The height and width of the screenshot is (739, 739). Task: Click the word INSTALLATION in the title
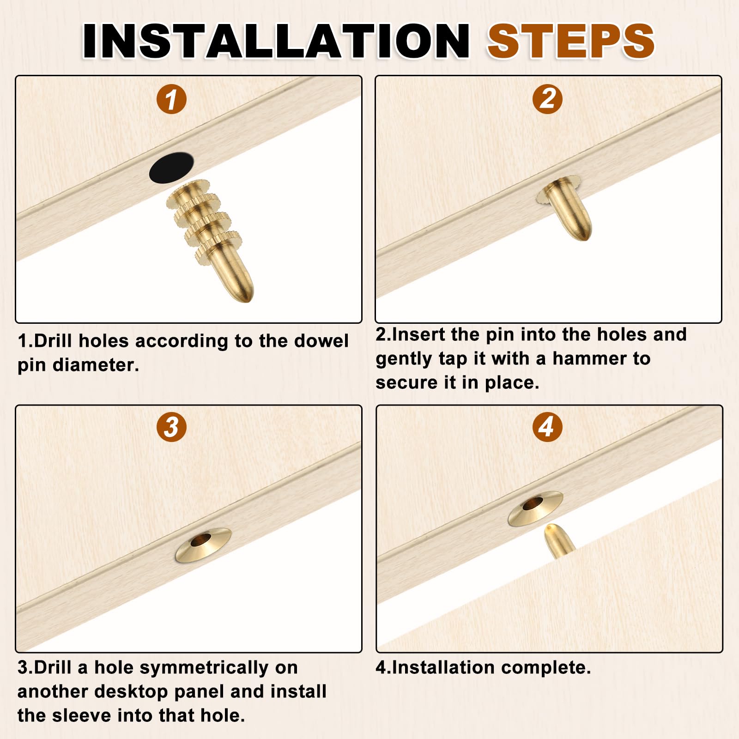[276, 41]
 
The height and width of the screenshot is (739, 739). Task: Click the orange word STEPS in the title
[571, 41]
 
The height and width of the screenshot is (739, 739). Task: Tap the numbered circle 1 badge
[171, 99]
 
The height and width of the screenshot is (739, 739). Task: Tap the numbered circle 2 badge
[547, 99]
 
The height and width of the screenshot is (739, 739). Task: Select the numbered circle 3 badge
[171, 427]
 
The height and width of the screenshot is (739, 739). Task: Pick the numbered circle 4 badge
[547, 427]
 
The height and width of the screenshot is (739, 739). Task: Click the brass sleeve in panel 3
[203, 545]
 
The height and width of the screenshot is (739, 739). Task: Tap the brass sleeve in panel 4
[536, 508]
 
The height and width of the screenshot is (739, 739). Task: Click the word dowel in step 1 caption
[321, 341]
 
